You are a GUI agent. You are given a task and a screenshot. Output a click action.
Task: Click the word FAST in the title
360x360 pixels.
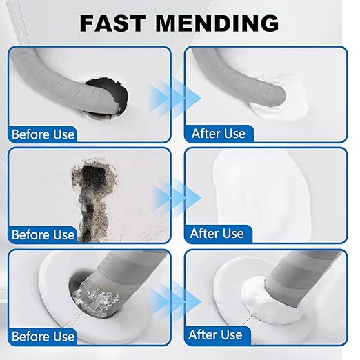(x=112, y=23)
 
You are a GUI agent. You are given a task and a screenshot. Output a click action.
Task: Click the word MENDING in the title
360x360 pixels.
(x=217, y=23)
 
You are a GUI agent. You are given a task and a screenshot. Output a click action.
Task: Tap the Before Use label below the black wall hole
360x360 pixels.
(x=43, y=134)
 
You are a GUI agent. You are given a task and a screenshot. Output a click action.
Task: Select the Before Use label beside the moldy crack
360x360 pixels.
(x=43, y=234)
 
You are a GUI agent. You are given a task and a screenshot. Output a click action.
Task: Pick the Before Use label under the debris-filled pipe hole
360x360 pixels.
(x=43, y=337)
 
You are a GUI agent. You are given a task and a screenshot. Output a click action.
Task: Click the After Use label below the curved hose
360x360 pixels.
(x=219, y=133)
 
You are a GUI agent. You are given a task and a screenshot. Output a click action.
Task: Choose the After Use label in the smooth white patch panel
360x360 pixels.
(x=217, y=234)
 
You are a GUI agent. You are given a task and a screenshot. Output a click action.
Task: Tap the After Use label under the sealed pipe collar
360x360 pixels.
(x=215, y=334)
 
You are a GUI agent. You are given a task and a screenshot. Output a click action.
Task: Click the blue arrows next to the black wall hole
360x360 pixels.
(x=175, y=98)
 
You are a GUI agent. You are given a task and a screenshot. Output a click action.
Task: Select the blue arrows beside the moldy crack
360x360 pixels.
(x=177, y=198)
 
